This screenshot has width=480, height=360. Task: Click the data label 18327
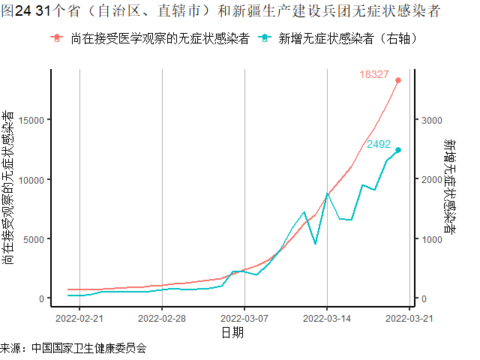point(373,74)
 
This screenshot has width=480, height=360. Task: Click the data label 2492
point(379,144)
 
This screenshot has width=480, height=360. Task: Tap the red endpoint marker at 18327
point(398,80)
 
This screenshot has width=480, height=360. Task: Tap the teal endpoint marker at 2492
point(398,150)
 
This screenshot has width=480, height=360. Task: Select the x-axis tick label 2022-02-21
point(79,318)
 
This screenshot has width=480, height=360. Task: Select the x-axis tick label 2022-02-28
point(162,318)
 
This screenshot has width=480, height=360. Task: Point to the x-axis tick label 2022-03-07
point(244,318)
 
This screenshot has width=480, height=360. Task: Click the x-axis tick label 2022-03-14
point(327,318)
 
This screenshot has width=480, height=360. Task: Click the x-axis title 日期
point(232,333)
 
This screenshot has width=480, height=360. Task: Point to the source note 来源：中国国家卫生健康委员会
point(73,349)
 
